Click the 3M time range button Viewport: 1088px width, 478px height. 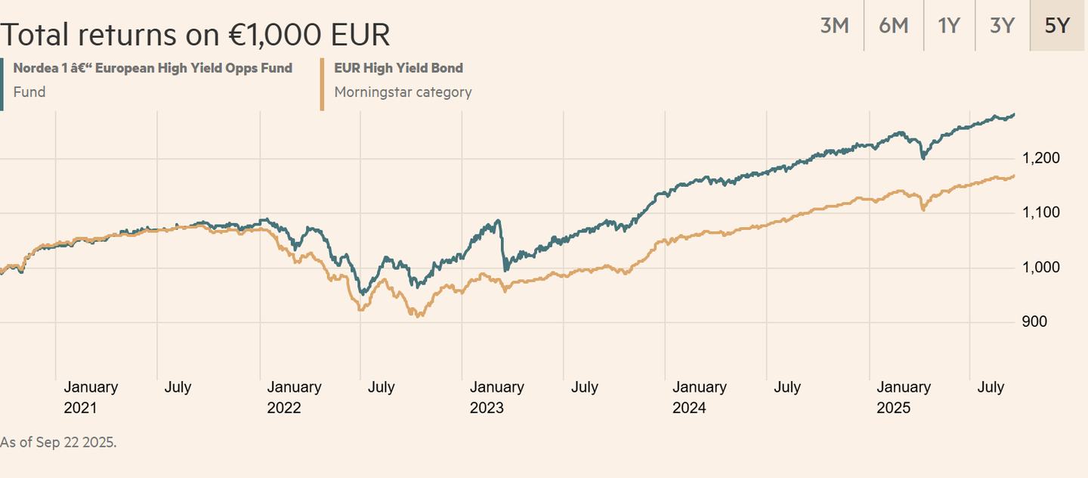pos(835,26)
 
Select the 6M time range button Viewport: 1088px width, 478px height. pos(894,26)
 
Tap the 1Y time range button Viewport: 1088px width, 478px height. pos(949,26)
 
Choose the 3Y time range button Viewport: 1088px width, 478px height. pos(1002,26)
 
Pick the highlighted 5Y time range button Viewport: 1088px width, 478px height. pos(1057,26)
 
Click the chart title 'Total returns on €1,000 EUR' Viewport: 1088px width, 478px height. pos(195,34)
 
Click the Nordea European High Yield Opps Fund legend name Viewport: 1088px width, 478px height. pos(153,68)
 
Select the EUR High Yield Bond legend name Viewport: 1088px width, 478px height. pos(398,68)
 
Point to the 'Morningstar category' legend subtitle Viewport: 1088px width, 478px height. pos(403,92)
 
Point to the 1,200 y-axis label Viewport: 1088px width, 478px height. pos(1040,159)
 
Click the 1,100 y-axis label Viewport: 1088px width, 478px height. pos(1040,213)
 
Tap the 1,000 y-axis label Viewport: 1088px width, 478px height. pos(1040,268)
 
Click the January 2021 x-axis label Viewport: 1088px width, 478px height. pos(91,397)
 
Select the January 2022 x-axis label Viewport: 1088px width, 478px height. pos(294,397)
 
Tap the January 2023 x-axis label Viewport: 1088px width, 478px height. pos(496,397)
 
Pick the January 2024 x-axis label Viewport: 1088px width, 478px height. pos(700,397)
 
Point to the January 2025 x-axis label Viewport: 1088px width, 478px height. pos(903,397)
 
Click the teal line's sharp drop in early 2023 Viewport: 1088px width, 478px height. pos(502,246)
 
